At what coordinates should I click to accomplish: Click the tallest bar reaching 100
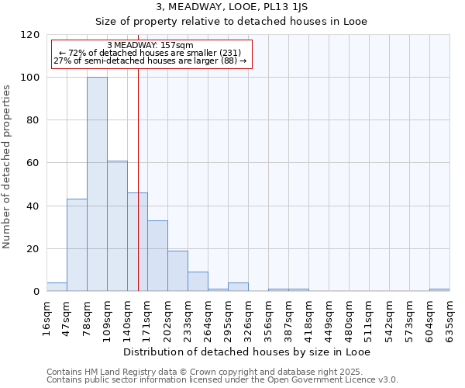point(97,185)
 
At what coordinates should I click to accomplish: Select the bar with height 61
point(117,227)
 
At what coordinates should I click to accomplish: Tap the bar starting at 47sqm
point(77,245)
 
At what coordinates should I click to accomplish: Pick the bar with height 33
point(157,256)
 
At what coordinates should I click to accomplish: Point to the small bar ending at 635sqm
point(439,290)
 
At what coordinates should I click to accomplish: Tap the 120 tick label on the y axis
point(30,35)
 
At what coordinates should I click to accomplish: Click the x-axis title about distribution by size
point(246,352)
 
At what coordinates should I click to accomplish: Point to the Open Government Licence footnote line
point(222,380)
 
